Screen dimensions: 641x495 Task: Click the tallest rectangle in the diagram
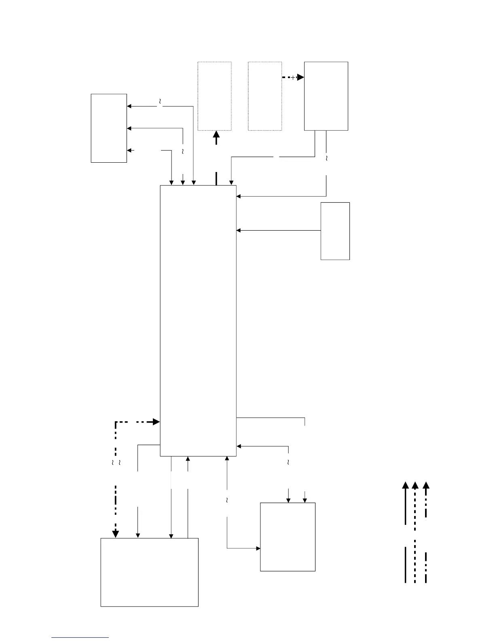click(198, 320)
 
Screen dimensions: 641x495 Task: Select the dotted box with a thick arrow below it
click(214, 96)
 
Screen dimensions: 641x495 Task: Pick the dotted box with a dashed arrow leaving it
click(264, 96)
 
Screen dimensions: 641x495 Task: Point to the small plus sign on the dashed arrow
click(293, 78)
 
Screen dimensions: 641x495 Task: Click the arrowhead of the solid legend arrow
click(405, 486)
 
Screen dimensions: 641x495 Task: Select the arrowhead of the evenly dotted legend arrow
click(415, 486)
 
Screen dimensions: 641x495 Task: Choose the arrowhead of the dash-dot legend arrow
click(426, 486)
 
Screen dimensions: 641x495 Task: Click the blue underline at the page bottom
click(80, 637)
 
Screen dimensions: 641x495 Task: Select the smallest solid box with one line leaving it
click(335, 231)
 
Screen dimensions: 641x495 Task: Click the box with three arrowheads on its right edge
click(109, 128)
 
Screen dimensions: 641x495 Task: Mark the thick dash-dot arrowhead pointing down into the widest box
click(115, 534)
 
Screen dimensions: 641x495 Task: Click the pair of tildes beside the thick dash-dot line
click(116, 462)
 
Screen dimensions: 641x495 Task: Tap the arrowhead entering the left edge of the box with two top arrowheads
click(258, 548)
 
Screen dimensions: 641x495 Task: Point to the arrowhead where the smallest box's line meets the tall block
click(239, 230)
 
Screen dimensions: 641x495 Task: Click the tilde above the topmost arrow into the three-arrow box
click(160, 100)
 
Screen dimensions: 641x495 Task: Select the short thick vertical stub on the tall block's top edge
click(216, 178)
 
